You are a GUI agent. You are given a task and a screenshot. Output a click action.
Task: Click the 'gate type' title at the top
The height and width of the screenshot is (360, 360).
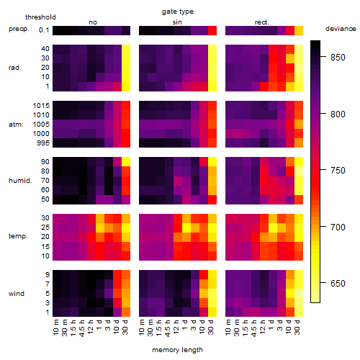tap(178, 12)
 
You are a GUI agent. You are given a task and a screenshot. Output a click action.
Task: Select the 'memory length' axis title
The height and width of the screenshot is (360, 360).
tap(177, 350)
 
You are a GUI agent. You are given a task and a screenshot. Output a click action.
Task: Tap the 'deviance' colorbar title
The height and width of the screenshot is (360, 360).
tap(341, 29)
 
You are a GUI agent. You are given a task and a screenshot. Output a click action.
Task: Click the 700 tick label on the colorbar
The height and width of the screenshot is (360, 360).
tap(338, 227)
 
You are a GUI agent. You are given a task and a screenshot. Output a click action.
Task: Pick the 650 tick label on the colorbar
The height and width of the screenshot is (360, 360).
tap(338, 284)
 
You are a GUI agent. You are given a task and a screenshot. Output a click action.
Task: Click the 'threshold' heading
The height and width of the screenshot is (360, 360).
tap(40, 17)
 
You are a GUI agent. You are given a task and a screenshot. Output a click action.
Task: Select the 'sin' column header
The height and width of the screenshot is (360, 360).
tap(177, 22)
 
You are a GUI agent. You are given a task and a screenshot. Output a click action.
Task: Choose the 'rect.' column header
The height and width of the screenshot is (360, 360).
tap(261, 22)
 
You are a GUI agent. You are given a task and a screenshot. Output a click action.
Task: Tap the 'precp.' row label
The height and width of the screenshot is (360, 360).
tap(19, 29)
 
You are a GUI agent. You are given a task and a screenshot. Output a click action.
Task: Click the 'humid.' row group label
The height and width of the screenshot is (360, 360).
tap(20, 180)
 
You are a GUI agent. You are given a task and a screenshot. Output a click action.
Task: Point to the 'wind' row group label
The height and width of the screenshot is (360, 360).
tap(17, 294)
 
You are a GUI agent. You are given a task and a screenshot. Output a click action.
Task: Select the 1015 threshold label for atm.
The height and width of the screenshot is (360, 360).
tap(41, 105)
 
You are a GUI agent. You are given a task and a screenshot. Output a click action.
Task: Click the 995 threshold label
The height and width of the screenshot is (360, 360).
tap(43, 143)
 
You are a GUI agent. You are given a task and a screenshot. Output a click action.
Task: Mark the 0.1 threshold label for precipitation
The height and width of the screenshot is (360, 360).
tap(44, 30)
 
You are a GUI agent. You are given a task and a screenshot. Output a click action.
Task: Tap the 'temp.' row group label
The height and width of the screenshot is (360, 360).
tap(18, 236)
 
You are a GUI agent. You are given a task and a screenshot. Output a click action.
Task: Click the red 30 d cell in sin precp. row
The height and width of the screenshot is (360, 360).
tap(212, 30)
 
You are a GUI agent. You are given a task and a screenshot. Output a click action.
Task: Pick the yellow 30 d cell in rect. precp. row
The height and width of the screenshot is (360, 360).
tap(299, 30)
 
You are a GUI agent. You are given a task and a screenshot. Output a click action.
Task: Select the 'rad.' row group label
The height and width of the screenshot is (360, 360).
tap(15, 68)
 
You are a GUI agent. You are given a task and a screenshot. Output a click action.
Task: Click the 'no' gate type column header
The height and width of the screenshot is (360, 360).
tap(93, 22)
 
